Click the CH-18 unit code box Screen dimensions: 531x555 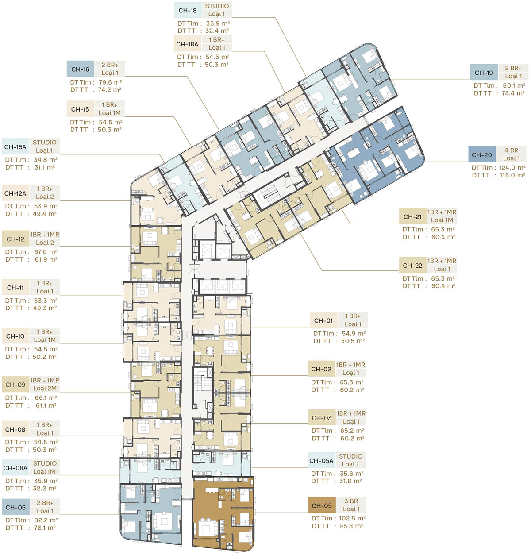click(x=187, y=10)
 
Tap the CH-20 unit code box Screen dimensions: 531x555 click(x=482, y=154)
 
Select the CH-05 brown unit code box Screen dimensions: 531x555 click(x=322, y=505)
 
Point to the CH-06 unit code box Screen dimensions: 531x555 click(x=15, y=507)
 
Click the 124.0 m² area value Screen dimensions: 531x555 click(x=512, y=168)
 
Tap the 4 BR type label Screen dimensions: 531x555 click(x=512, y=150)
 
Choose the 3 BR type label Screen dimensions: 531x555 click(x=351, y=501)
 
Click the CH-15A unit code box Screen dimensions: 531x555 click(x=15, y=147)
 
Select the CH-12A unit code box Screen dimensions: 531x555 click(x=15, y=193)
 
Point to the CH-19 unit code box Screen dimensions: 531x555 click(x=484, y=73)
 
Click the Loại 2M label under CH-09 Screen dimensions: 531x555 click(x=45, y=388)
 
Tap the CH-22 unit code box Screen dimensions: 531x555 click(x=412, y=265)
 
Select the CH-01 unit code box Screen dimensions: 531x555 click(x=323, y=320)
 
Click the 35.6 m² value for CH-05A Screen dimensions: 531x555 click(x=351, y=474)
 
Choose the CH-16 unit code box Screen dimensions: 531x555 click(x=81, y=69)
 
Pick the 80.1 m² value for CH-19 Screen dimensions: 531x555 click(x=514, y=85)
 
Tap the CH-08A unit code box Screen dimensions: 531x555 click(x=15, y=468)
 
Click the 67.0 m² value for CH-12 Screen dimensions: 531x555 click(x=46, y=252)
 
